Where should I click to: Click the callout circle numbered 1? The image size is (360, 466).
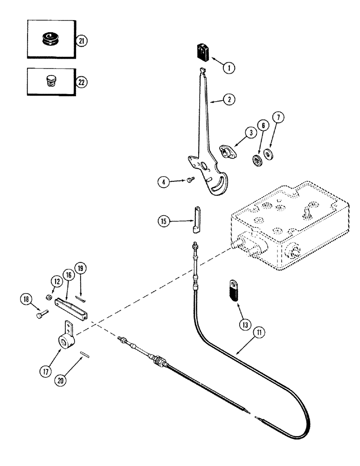[x=228, y=68]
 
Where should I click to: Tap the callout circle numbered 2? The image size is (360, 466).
[x=229, y=99]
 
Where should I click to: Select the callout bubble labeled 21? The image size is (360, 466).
[x=82, y=41]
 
